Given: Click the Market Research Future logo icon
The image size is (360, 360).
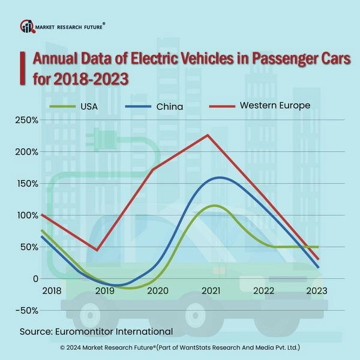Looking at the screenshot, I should click(28, 26).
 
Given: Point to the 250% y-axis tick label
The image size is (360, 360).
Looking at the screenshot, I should click(28, 121).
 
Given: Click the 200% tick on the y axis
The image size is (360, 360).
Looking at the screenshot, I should click(28, 152).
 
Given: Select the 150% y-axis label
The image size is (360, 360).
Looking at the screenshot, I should click(28, 184).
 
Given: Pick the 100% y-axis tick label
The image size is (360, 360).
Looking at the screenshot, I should click(28, 215).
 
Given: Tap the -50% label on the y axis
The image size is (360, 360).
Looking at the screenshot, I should click(26, 310).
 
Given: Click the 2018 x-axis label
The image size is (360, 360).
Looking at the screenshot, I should click(52, 290).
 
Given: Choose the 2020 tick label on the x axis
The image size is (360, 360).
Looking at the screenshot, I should click(158, 290).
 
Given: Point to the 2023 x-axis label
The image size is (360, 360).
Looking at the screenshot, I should click(317, 290).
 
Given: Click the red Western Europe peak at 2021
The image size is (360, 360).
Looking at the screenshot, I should click(208, 135).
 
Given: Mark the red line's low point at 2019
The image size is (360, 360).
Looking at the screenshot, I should click(97, 250).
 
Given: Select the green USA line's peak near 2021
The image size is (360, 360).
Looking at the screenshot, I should click(212, 205).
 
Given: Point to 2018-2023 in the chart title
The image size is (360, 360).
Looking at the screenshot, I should click(88, 79).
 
